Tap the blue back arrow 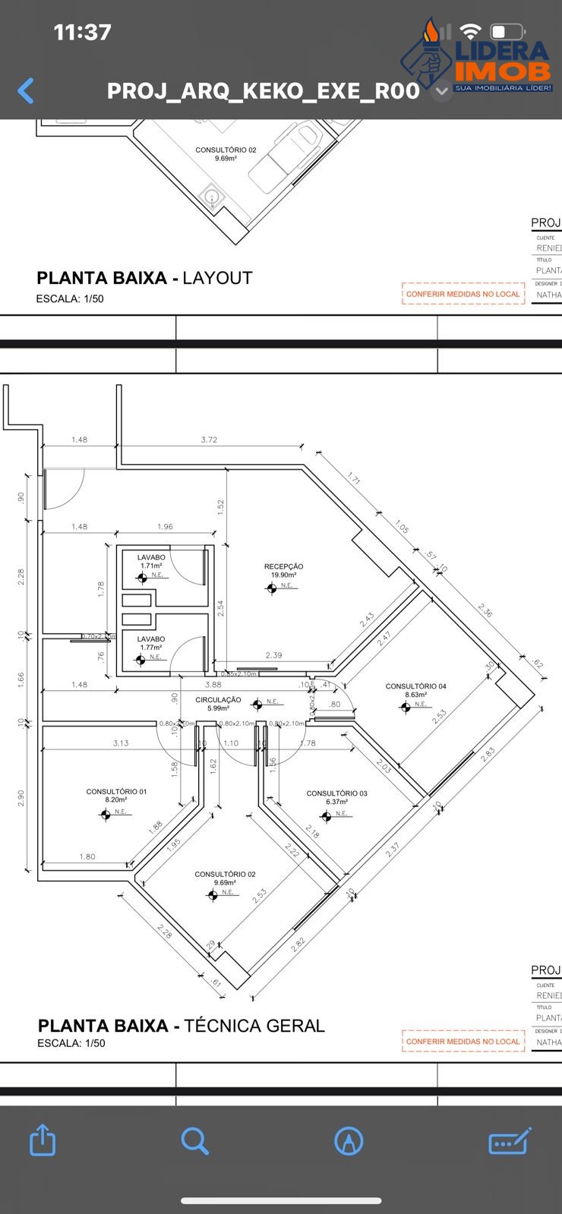click(26, 91)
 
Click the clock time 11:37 click(82, 32)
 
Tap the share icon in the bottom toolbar click(43, 1140)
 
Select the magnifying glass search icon click(194, 1140)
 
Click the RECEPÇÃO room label click(283, 566)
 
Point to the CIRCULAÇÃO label click(218, 700)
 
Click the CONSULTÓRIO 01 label click(116, 791)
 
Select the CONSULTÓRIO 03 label click(336, 793)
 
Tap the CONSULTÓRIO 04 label click(415, 686)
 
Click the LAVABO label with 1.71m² click(151, 557)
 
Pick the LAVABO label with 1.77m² click(151, 639)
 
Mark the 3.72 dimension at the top click(209, 440)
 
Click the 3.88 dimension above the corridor click(213, 685)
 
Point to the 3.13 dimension click(121, 743)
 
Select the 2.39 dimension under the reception click(273, 655)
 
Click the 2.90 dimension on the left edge click(21, 798)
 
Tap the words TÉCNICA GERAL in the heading click(254, 1026)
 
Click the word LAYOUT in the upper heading click(217, 278)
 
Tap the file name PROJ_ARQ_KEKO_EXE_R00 click(263, 91)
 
